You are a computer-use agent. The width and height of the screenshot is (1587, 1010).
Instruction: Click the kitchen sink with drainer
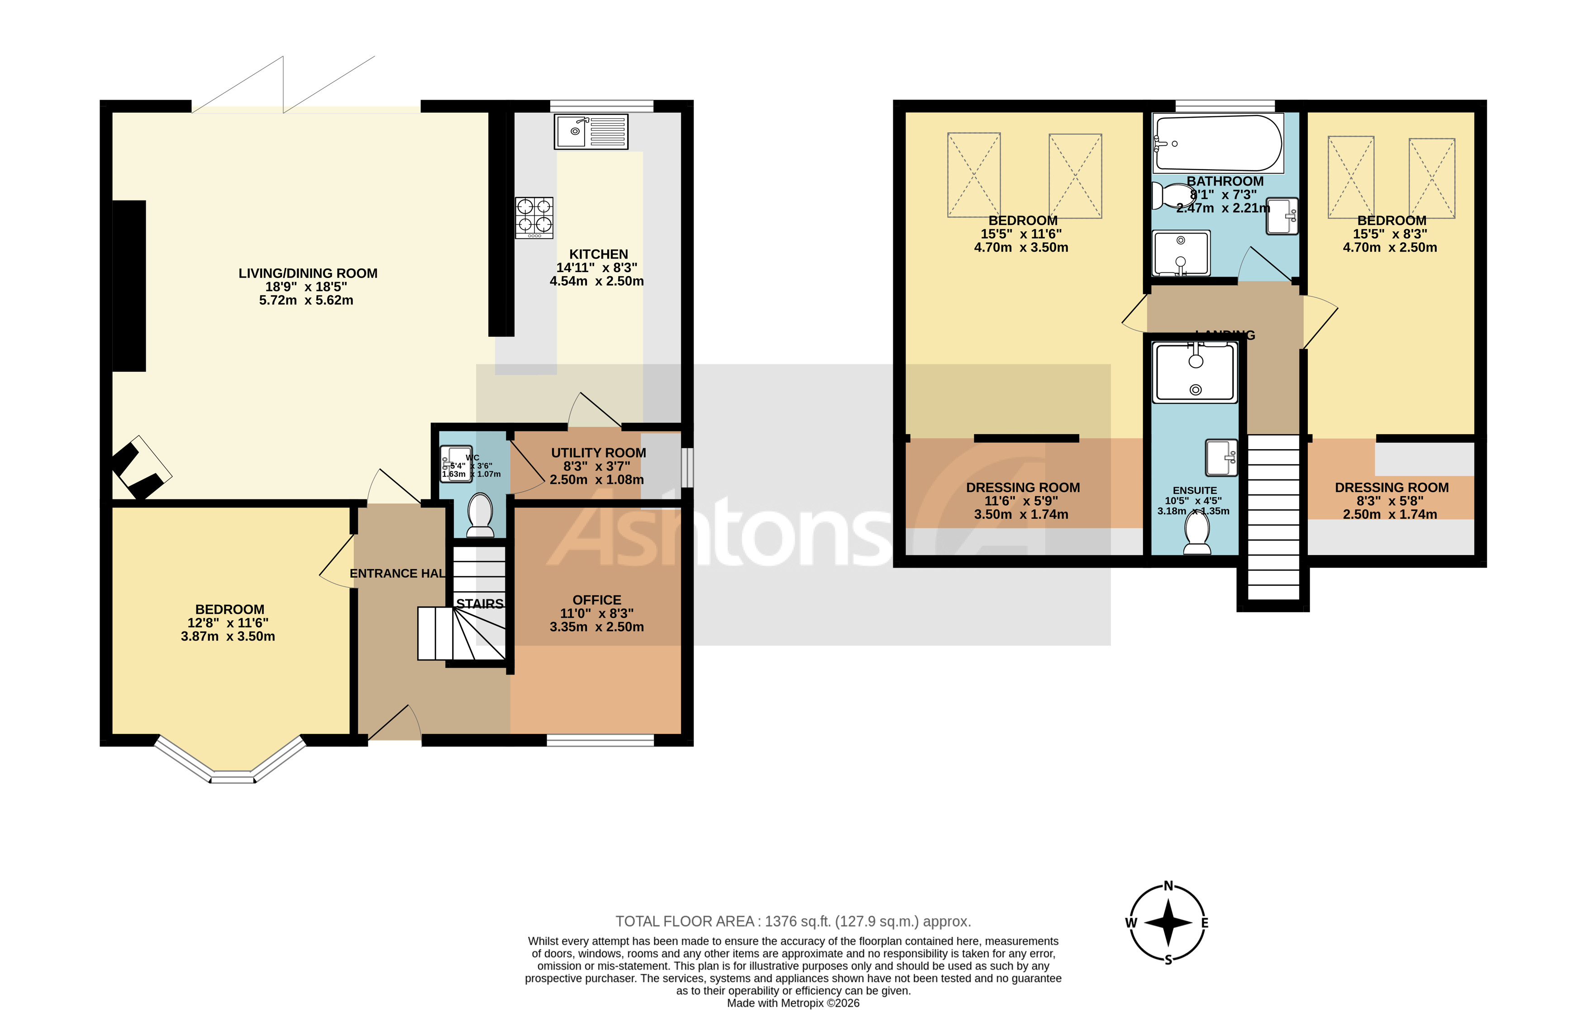coord(591,131)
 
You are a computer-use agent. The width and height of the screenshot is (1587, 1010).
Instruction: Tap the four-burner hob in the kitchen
coord(534,218)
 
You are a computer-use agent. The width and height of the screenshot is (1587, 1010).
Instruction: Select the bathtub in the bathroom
coord(1218,143)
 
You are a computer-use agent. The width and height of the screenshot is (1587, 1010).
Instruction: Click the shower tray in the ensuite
coord(1195,373)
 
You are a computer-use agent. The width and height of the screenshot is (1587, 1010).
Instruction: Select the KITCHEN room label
coord(598,254)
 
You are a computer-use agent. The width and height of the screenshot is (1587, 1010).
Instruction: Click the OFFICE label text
coord(596,600)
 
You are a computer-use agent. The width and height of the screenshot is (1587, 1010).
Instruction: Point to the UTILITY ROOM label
coord(598,453)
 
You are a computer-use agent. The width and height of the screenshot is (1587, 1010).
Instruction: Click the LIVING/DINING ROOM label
coord(308,273)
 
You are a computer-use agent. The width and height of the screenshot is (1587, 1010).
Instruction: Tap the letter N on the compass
coord(1168,886)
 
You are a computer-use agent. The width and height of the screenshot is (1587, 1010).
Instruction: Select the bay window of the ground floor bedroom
coord(231,768)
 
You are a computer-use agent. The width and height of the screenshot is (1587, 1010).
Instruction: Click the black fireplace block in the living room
coord(129,286)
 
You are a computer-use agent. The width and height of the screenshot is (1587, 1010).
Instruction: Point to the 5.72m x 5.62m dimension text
coord(306,301)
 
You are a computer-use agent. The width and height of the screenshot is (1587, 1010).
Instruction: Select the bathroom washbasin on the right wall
coord(1282,215)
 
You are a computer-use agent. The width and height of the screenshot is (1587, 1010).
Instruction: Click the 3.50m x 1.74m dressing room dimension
coord(1021,514)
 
